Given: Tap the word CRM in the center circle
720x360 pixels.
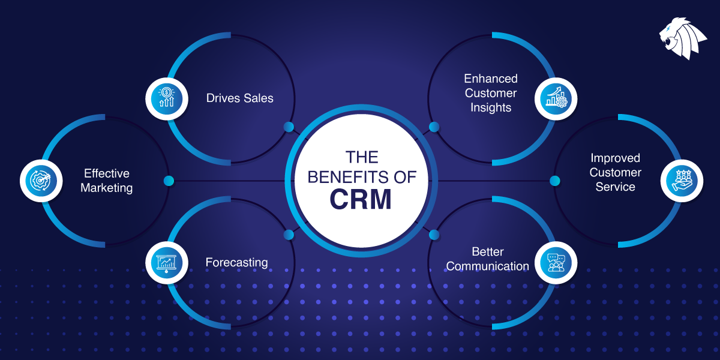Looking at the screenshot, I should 360,199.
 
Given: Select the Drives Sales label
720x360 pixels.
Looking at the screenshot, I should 239,98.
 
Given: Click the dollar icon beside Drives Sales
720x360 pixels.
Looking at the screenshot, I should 165,97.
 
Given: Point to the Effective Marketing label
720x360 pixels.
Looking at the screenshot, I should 107,181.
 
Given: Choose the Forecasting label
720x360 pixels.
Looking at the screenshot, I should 236,262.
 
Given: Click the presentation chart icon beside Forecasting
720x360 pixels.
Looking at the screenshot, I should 165,262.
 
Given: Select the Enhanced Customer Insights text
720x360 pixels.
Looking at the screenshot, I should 490,93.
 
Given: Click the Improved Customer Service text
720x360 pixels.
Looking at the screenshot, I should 615,172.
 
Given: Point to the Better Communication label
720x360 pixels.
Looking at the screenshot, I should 487,259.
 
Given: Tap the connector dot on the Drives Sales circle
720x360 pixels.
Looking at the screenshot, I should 289,127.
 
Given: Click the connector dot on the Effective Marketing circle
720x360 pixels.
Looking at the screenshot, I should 169,181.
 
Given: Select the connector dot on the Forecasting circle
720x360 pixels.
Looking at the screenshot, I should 289,234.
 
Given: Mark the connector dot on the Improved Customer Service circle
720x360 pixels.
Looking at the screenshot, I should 554,181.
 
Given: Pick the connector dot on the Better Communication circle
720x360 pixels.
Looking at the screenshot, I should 434,234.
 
